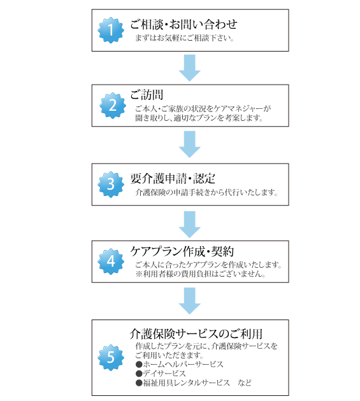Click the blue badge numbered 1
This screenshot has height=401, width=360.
click(111, 30)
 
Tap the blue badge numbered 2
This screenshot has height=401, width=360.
click(113, 106)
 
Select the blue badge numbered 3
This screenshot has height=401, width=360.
click(111, 185)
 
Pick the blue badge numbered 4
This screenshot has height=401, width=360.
click(111, 262)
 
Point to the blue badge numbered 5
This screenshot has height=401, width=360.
click(111, 358)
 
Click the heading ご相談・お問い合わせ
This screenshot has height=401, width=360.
click(184, 24)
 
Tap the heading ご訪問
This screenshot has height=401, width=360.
click(147, 95)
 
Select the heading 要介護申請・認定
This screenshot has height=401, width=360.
click(173, 178)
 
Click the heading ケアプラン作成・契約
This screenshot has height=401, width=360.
click(182, 251)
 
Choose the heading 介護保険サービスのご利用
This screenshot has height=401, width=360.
click(196, 334)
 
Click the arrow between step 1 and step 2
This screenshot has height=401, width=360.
click(189, 67)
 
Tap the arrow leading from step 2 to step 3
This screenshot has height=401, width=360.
click(189, 144)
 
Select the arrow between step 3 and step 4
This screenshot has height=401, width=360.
click(189, 224)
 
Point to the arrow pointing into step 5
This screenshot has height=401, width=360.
click(189, 300)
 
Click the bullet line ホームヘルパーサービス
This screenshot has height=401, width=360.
click(180, 364)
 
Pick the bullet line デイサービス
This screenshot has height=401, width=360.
click(161, 374)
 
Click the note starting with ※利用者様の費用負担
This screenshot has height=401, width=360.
click(201, 274)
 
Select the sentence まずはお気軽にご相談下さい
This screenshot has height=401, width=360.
click(184, 38)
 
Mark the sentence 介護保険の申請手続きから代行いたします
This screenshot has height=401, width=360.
click(206, 192)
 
